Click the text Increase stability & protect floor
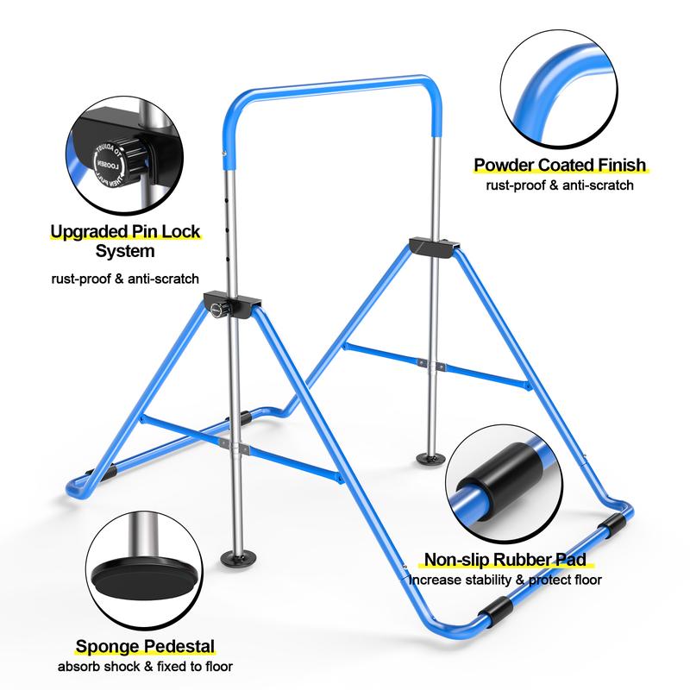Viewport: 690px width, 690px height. point(505,580)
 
